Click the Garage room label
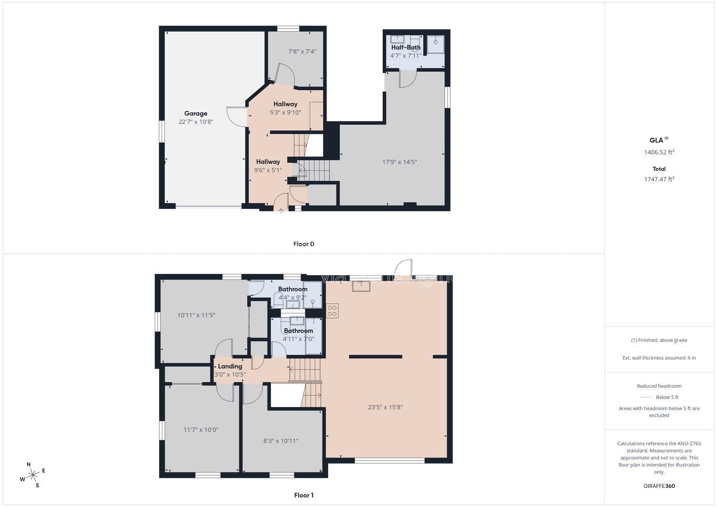(x=196, y=113)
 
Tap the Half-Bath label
(x=406, y=47)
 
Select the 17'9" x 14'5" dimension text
(x=400, y=162)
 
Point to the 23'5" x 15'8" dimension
(x=385, y=407)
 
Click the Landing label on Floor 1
(x=230, y=366)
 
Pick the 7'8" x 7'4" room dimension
(x=302, y=51)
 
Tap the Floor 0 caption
(x=304, y=244)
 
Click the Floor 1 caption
(x=304, y=495)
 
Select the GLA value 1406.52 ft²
(x=659, y=152)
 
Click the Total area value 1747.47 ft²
(x=659, y=179)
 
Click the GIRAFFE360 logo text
(x=659, y=486)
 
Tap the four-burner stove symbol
(x=332, y=311)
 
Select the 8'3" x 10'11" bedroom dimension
(x=281, y=441)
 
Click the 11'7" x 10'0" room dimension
(x=200, y=430)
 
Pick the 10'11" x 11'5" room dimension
(x=196, y=315)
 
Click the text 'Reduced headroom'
(x=659, y=386)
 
